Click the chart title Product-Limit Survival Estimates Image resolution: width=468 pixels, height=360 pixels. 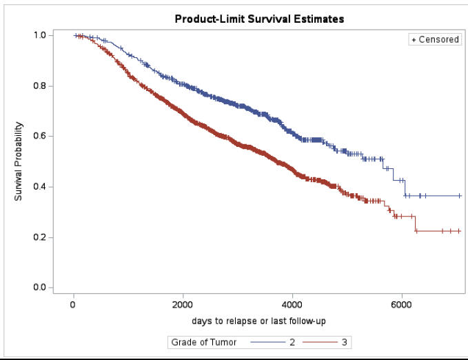[x=259, y=19]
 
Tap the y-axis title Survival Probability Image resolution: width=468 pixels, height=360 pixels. [x=19, y=161]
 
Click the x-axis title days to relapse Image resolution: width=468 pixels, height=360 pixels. [x=258, y=321]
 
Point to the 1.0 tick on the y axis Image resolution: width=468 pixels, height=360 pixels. [x=39, y=35]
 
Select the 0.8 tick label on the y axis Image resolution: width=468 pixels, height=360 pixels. [x=39, y=86]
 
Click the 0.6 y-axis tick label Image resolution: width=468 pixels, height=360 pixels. [x=39, y=137]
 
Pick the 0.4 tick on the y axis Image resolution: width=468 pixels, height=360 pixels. [x=39, y=187]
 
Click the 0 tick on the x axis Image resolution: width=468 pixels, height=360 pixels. [x=73, y=305]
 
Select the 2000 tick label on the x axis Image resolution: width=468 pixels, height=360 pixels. [x=183, y=305]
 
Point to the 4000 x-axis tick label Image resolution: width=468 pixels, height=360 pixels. [x=292, y=305]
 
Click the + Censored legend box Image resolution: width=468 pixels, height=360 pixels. [x=435, y=40]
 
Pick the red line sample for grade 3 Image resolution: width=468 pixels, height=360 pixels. [x=323, y=341]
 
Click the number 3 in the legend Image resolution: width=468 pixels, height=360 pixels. [x=344, y=341]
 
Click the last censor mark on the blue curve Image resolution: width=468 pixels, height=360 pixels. [x=459, y=196]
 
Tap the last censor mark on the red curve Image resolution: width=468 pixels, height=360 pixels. [x=459, y=231]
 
